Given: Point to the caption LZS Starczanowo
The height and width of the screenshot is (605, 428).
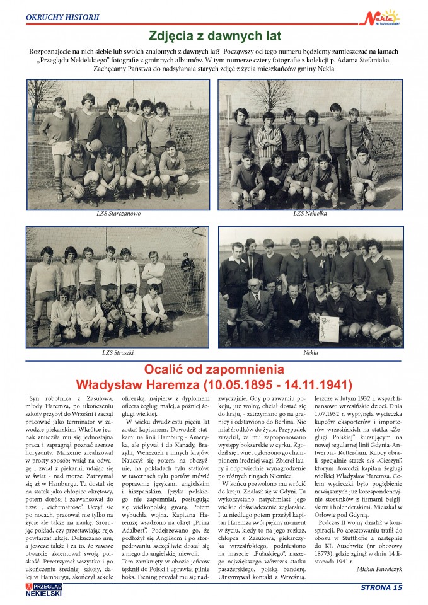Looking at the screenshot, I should pyautogui.click(x=119, y=214).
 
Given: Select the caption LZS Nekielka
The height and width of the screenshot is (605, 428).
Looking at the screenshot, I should pyautogui.click(x=309, y=214).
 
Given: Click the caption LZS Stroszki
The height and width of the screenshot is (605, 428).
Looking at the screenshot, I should pyautogui.click(x=118, y=353).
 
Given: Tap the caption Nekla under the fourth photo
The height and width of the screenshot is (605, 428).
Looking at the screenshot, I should pyautogui.click(x=310, y=353).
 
